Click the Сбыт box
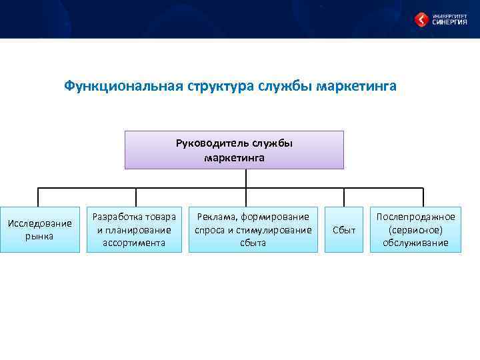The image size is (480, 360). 344,229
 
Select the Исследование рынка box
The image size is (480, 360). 39,229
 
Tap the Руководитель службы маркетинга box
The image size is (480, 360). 234,150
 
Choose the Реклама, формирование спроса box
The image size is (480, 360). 253,229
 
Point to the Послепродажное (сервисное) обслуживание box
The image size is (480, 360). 415,229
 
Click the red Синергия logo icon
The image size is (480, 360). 421,19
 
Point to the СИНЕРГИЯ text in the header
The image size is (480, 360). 449,22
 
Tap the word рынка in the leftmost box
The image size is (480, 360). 39,236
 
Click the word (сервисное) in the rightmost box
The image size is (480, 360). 415,229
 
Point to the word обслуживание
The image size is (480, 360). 415,243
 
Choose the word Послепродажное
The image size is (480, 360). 415,217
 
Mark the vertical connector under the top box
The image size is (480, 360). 246,178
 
